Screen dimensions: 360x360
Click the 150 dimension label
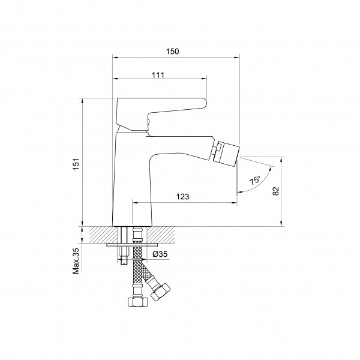coord(172,52)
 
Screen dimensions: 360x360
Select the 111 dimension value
coord(158,75)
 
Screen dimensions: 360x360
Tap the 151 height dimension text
coord(76,164)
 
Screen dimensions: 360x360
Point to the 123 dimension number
coord(183,197)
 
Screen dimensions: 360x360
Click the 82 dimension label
coord(276,191)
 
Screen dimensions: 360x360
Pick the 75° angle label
coord(255,180)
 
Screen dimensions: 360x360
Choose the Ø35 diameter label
coord(160,254)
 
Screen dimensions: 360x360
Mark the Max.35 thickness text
coord(76,261)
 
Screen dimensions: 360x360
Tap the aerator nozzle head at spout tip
coord(226,152)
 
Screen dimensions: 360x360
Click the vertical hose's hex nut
coord(137,302)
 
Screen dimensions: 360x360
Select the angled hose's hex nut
coord(160,292)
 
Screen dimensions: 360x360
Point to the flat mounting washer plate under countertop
coord(132,245)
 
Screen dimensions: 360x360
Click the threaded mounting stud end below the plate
coord(124,260)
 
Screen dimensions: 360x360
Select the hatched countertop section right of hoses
coord(161,235)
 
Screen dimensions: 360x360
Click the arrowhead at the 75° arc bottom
coord(239,192)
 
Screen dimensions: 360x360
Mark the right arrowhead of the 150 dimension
coord(237,58)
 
